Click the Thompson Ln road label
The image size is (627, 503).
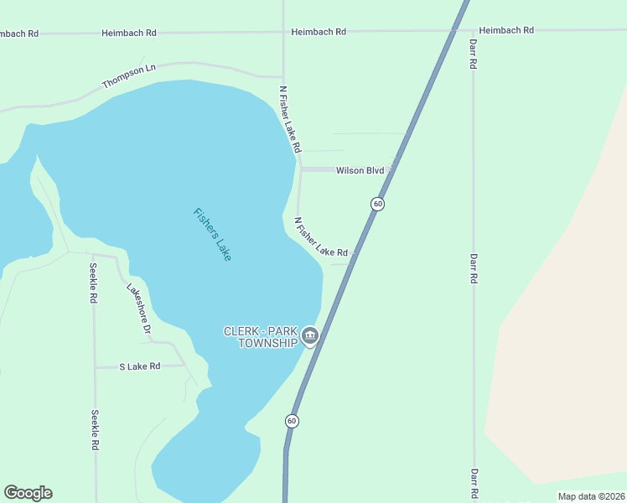[x=129, y=77]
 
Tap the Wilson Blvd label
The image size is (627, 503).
[x=360, y=170]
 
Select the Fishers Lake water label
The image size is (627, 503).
[x=211, y=234]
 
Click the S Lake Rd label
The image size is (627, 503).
[x=139, y=366]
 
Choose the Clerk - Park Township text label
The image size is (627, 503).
[x=260, y=337]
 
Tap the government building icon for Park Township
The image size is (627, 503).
[x=310, y=337]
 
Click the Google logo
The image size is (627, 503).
[x=28, y=493]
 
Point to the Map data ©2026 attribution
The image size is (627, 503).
[x=591, y=496]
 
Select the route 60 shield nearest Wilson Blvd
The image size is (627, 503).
[x=378, y=204]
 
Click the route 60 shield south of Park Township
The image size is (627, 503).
[x=292, y=420]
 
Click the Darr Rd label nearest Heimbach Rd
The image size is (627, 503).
[x=474, y=53]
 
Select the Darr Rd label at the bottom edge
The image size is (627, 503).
[x=474, y=485]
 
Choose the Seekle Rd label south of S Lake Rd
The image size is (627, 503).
[x=96, y=428]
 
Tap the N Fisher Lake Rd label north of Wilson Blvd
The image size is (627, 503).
[x=290, y=118]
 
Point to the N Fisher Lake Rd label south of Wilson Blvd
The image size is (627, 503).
[x=320, y=237]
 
